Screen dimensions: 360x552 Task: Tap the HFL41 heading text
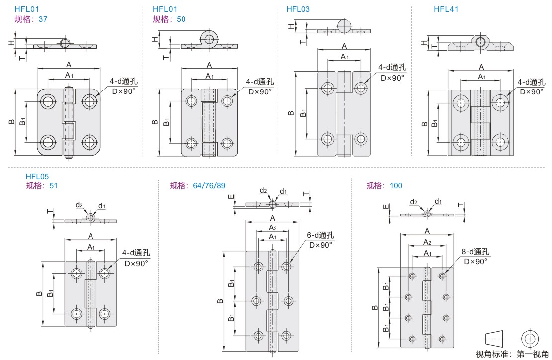pos(446,9)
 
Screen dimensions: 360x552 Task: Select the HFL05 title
pos(37,176)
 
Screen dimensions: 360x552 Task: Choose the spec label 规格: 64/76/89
pos(197,186)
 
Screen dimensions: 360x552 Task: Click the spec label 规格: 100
pos(384,186)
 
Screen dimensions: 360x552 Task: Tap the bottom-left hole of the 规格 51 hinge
pos(77,314)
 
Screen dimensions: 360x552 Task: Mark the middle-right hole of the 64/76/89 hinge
pos(287,301)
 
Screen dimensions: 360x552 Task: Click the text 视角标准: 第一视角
pos(513,354)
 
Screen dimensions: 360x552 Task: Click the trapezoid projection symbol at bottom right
pos(495,339)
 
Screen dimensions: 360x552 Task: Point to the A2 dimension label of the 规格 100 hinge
pos(426,242)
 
